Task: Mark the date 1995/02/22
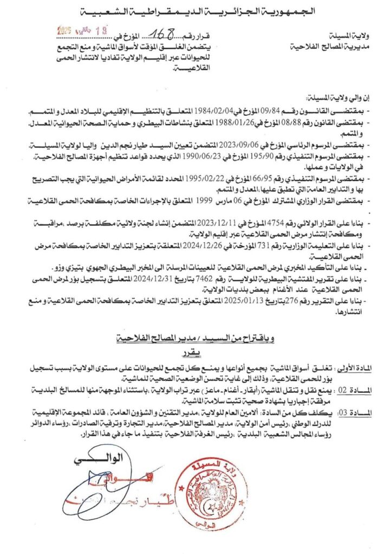click(x=198, y=178)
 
